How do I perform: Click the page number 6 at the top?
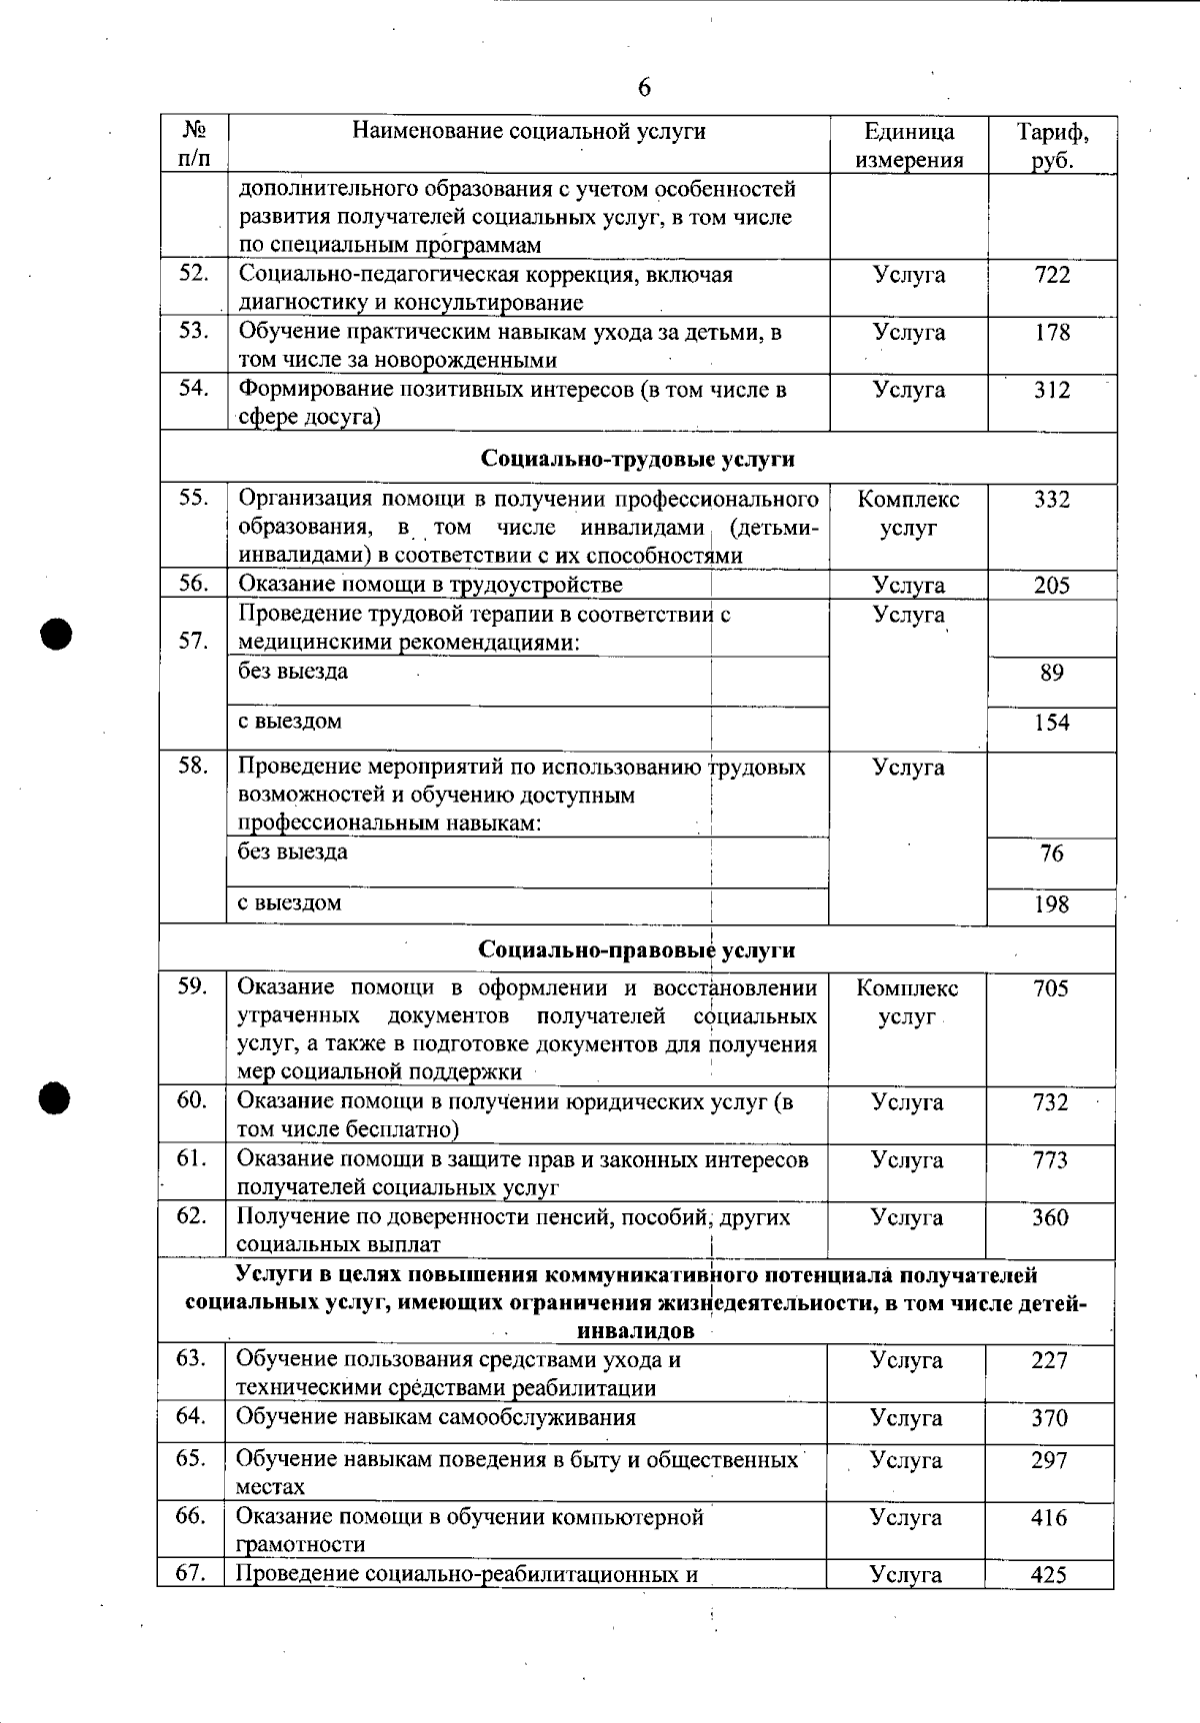click(644, 88)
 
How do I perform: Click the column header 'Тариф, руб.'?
click(1052, 146)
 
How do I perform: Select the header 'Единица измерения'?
click(909, 146)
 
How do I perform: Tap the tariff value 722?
click(1052, 275)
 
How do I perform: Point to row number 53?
click(193, 331)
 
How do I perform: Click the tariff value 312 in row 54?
click(1052, 390)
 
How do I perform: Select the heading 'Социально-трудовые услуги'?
click(638, 459)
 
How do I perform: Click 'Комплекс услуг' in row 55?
click(908, 514)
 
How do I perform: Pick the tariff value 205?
click(1052, 586)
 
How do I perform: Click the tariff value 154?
click(1052, 723)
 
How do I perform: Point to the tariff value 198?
click(1052, 905)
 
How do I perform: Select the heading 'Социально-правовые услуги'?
click(637, 949)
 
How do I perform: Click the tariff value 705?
click(1051, 989)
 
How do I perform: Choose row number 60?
click(192, 1100)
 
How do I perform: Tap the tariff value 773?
click(1050, 1160)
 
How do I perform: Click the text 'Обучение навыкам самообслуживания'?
click(436, 1417)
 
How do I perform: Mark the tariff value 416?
click(1049, 1518)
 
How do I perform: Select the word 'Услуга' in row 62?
click(907, 1218)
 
